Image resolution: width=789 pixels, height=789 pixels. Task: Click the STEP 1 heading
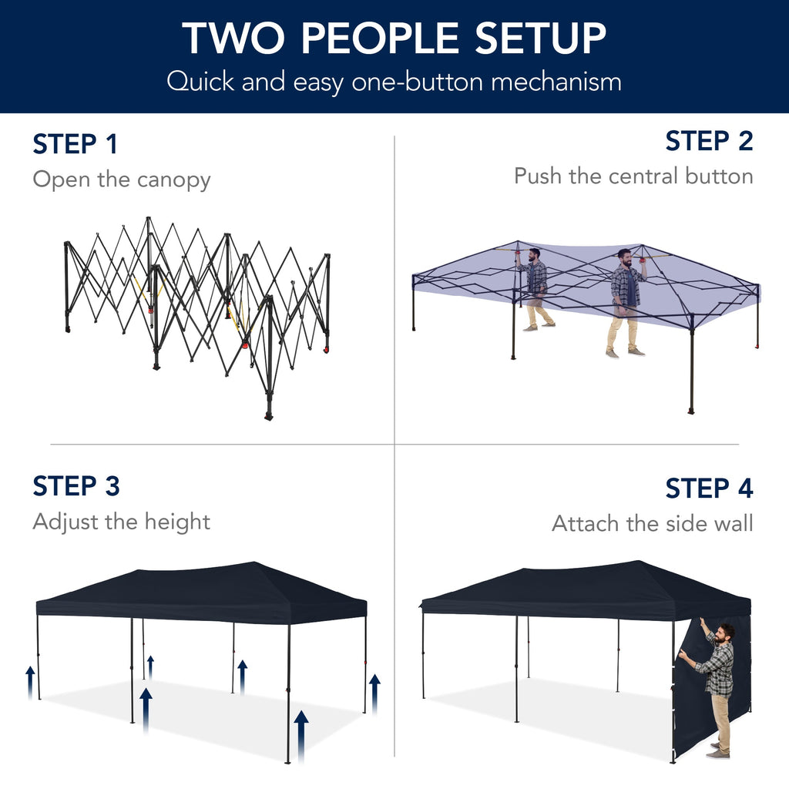[x=75, y=144]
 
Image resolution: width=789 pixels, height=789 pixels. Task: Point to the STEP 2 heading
[x=709, y=141]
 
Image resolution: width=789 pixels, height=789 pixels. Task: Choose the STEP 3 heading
[x=76, y=486]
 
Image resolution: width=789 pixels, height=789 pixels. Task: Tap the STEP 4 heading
[x=709, y=489]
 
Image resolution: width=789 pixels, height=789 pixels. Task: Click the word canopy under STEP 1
[x=173, y=180]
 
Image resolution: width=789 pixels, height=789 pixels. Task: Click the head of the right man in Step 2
[x=625, y=255]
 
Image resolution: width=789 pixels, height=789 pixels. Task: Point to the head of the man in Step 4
[x=724, y=633]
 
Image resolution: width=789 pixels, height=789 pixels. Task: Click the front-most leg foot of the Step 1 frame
[x=269, y=415]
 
